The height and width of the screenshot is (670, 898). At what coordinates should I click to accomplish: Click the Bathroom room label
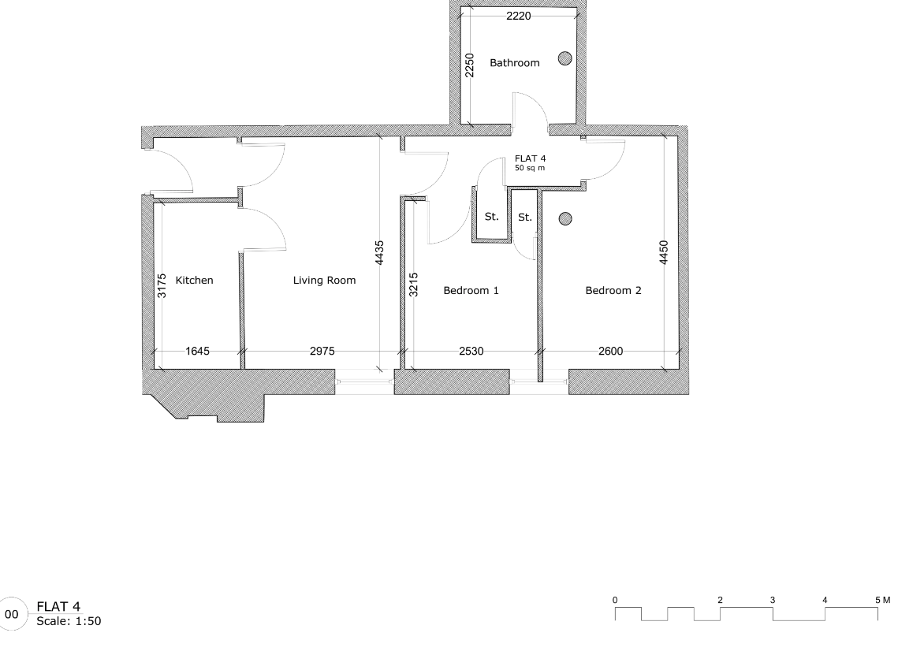515,63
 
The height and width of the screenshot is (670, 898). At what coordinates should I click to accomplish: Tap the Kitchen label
194,280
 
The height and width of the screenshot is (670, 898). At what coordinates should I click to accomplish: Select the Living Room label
324,280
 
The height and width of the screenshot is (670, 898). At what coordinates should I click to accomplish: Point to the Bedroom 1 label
471,290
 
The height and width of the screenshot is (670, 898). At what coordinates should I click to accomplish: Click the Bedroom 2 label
613,290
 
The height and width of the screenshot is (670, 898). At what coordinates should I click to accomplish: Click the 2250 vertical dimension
469,65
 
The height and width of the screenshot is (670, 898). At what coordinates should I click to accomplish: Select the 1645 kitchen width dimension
197,352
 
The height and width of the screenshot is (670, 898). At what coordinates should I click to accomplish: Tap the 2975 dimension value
322,352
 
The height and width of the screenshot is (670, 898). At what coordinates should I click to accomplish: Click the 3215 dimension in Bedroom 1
413,285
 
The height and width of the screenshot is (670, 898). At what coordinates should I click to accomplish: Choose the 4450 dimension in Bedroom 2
664,253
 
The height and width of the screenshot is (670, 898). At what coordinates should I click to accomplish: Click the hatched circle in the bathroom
565,58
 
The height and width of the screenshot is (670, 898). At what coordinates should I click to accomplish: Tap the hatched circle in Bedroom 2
565,218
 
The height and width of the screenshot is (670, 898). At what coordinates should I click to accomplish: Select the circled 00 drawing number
12,614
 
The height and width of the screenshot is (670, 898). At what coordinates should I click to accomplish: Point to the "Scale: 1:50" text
69,621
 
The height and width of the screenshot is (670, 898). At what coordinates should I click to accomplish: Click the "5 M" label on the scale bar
882,600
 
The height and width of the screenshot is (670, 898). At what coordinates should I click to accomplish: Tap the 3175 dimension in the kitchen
162,285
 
